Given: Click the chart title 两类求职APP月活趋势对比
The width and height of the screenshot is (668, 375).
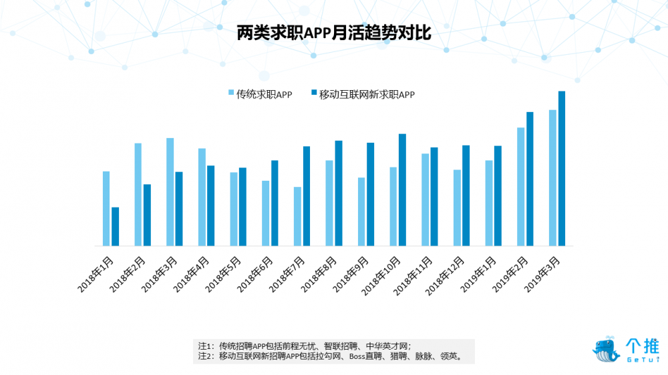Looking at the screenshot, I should (334, 33).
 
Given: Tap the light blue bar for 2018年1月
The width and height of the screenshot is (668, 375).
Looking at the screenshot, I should (106, 208).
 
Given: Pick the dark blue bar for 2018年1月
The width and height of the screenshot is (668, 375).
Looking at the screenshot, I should (115, 226).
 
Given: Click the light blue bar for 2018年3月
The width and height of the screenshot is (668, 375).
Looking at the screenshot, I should (170, 192).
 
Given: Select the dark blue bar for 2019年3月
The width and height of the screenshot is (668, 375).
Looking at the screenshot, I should (562, 168).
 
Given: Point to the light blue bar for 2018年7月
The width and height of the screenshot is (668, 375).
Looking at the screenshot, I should (297, 216).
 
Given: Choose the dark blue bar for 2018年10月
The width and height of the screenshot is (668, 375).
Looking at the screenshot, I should (402, 190).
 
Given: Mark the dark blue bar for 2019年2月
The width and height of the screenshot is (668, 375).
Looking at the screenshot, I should (530, 179).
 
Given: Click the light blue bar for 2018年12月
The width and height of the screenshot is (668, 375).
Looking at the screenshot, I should (457, 208).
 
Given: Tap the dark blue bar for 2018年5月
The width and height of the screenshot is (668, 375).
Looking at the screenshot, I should (242, 206).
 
